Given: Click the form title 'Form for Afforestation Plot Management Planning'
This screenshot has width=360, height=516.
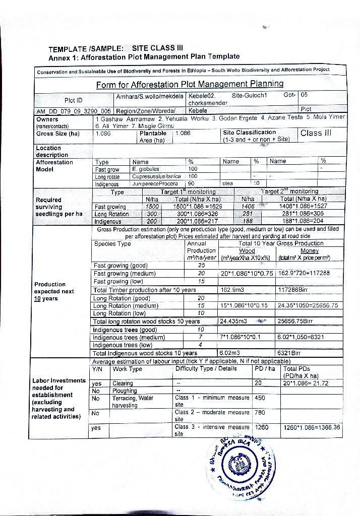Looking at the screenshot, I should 190,84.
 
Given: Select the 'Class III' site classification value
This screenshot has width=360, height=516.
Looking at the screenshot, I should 316,134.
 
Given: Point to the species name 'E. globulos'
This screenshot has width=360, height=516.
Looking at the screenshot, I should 146,169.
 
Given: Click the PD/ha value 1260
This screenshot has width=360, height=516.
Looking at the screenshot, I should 262,427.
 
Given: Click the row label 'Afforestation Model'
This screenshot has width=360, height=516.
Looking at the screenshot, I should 54,166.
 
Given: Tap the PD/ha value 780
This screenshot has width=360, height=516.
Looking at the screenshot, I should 260,412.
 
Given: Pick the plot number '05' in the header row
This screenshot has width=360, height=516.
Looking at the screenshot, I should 304,95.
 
